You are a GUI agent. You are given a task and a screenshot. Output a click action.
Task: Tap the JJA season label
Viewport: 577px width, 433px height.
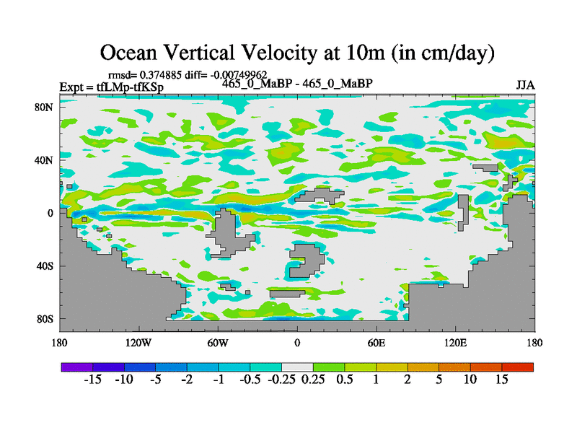point(525,85)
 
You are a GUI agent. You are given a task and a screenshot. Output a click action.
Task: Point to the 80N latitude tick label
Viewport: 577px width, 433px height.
point(47,107)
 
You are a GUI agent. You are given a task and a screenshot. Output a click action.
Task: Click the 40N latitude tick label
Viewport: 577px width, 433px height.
point(47,160)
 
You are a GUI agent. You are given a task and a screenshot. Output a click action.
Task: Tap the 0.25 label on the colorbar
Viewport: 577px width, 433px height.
point(312,380)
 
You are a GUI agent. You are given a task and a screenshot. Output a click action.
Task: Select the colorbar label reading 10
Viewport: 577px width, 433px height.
point(470,380)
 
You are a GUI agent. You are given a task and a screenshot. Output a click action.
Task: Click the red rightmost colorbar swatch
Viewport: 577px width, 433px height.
point(517,367)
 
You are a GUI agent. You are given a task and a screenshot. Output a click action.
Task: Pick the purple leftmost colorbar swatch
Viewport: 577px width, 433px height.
point(76,367)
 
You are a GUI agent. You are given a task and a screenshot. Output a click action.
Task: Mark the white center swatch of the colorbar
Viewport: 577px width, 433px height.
point(297,367)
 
